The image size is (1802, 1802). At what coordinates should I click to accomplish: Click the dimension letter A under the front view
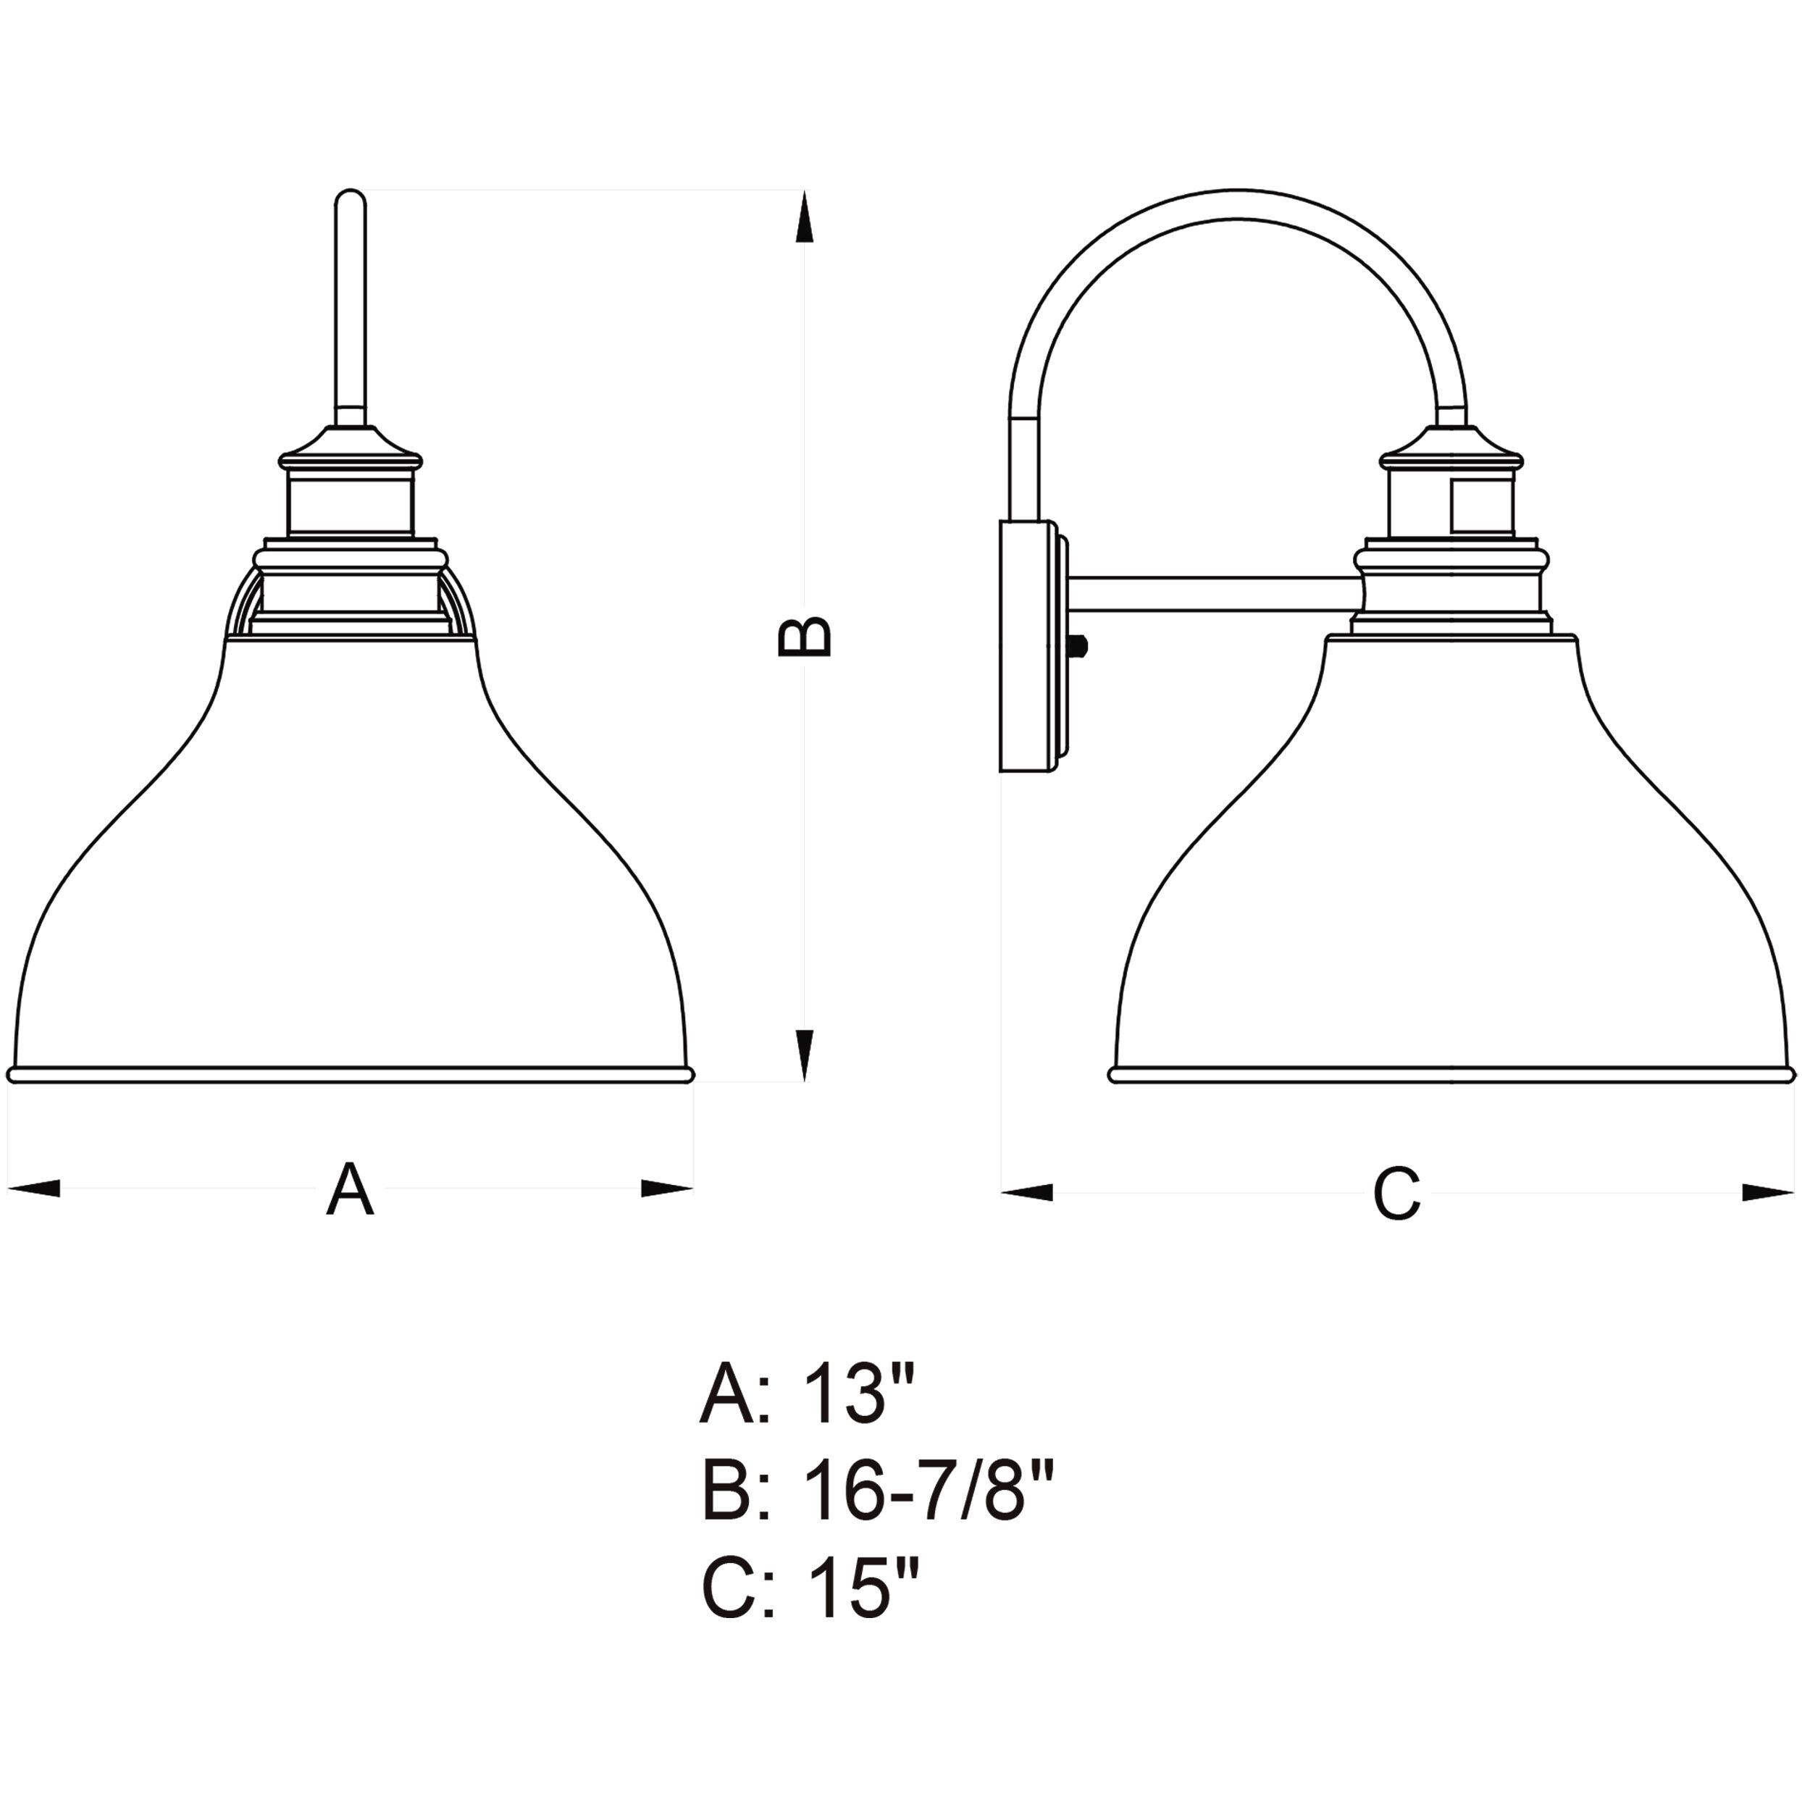click(x=350, y=1189)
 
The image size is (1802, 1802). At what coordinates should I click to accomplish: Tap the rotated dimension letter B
click(x=804, y=636)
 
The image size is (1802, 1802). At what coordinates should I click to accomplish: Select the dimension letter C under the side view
click(x=1396, y=1194)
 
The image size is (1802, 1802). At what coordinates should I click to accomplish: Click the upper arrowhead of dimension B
click(x=804, y=217)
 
